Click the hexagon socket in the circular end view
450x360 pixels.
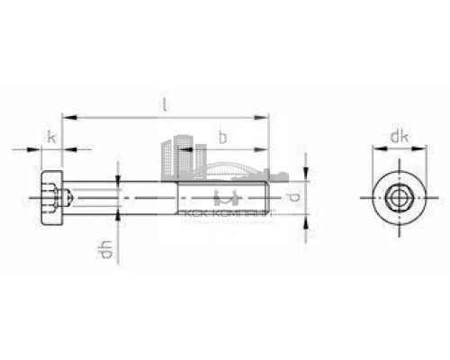click(395, 197)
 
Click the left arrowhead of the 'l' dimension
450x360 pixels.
click(65, 116)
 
